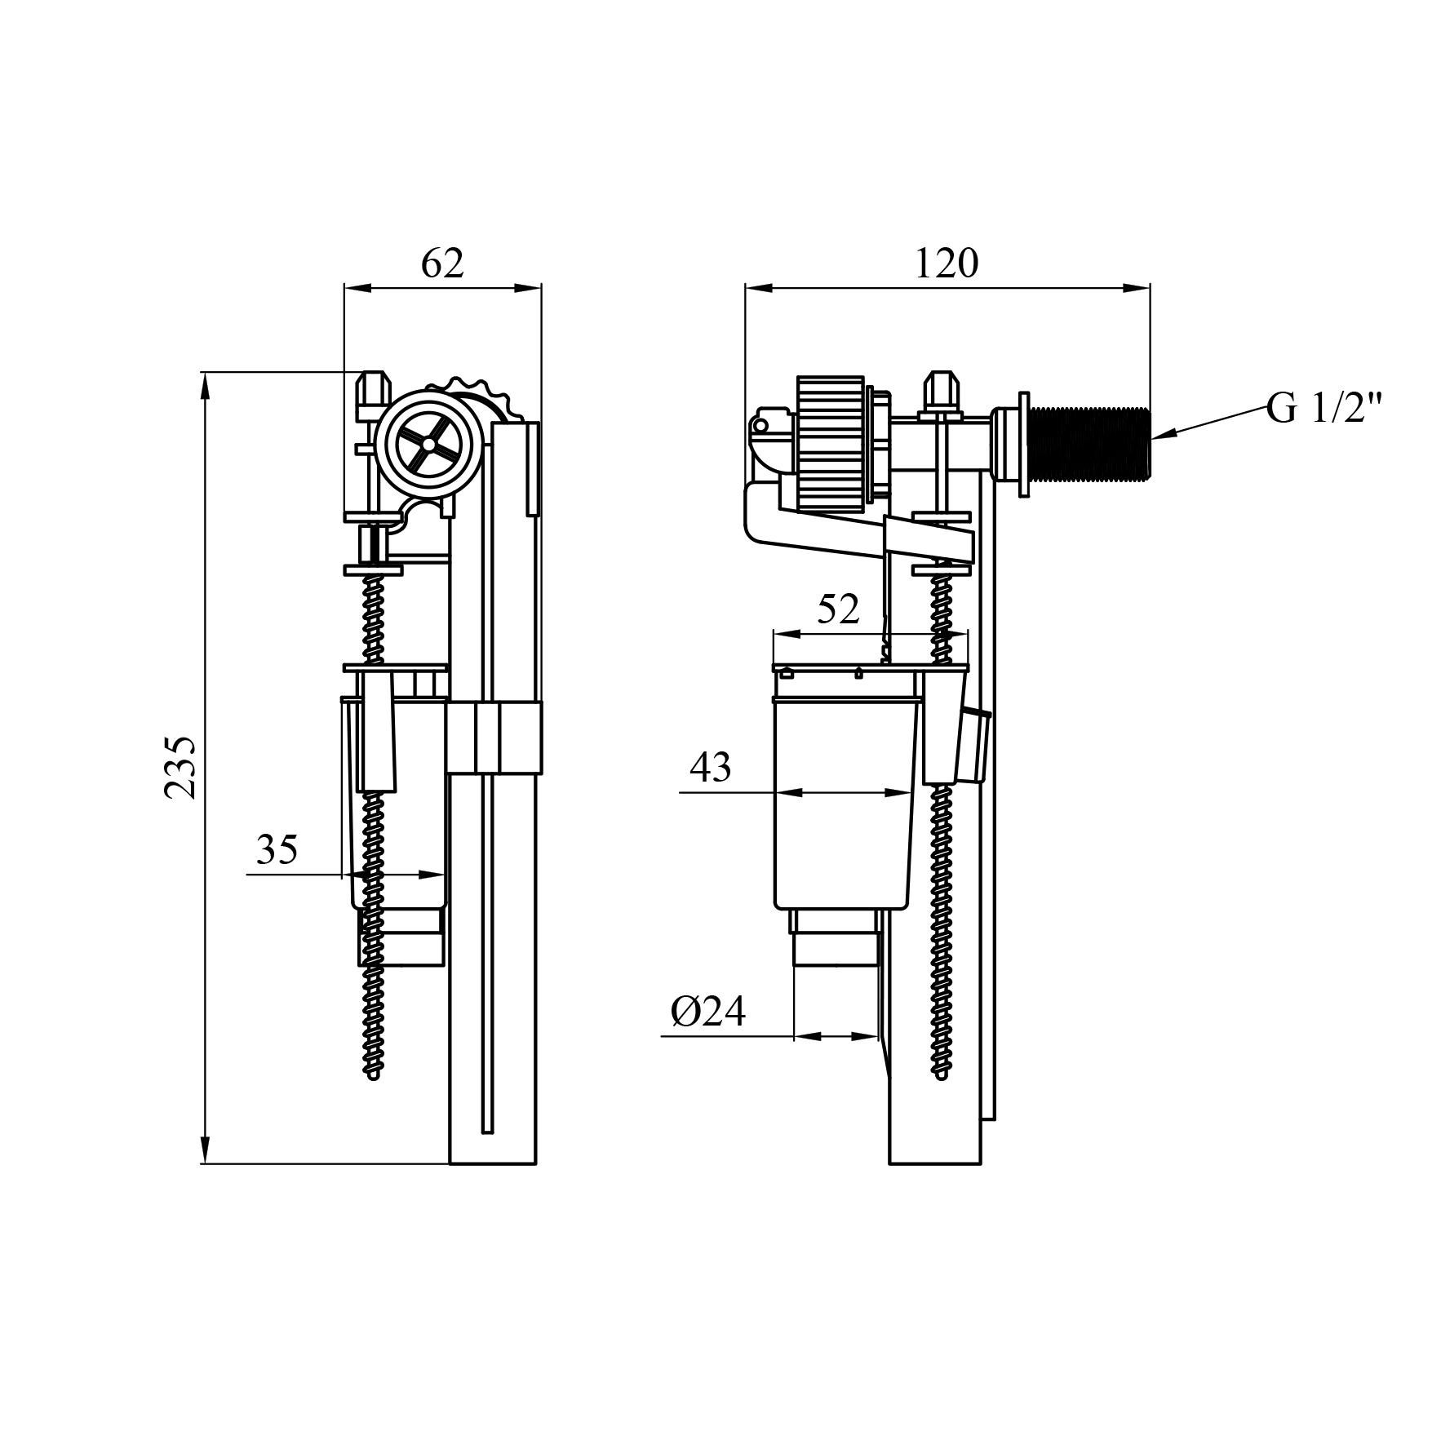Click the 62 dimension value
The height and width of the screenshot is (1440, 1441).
442,264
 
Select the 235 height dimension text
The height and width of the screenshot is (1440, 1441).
180,768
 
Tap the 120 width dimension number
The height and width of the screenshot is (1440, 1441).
946,264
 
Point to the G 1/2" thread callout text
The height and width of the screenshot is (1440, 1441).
1324,408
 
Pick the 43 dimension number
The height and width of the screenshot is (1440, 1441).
710,767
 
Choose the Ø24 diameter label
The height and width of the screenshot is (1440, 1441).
707,1012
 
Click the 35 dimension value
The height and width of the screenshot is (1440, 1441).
277,850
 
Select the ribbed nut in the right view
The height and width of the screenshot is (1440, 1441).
830,445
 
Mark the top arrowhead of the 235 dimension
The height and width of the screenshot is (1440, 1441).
205,383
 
